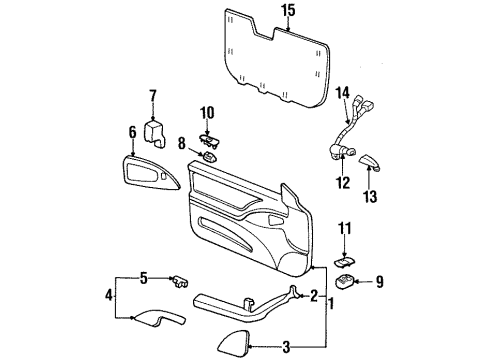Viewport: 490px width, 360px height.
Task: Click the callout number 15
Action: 288,11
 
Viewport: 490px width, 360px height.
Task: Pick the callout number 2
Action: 314,296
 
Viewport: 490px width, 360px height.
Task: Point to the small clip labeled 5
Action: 179,279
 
